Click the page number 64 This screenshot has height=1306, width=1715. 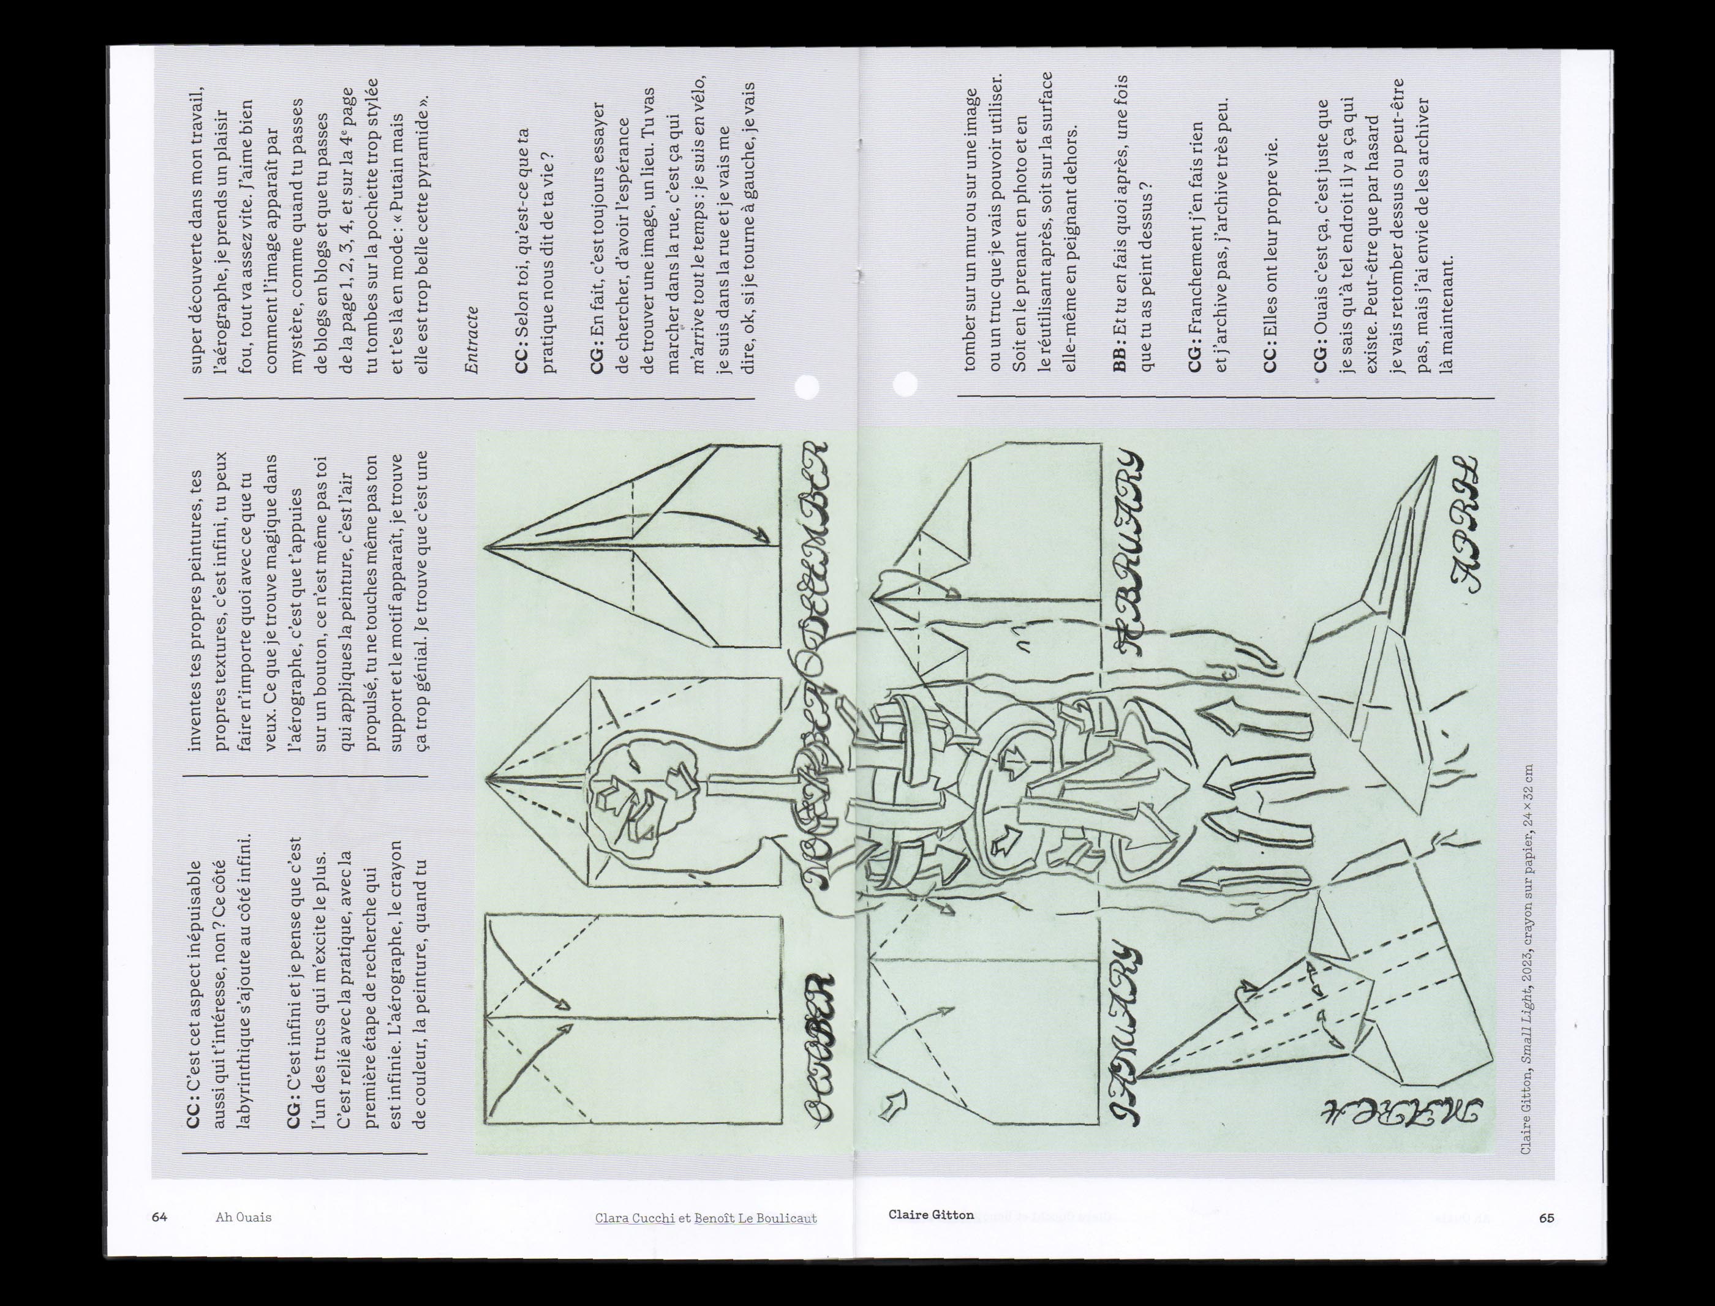(159, 1217)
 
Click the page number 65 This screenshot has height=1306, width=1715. (1547, 1218)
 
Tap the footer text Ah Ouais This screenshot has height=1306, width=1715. (243, 1217)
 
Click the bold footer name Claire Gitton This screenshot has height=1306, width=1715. (930, 1214)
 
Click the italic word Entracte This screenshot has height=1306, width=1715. (471, 340)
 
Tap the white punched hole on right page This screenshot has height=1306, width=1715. (905, 383)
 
